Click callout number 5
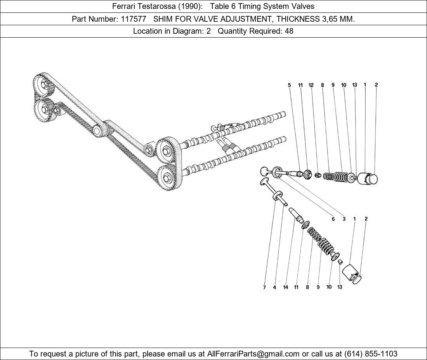(x=289, y=85)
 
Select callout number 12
(x=311, y=85)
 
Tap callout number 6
(x=333, y=219)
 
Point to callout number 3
(x=344, y=219)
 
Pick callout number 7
(x=264, y=287)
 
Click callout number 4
(x=274, y=287)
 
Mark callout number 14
(x=285, y=287)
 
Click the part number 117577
(x=134, y=19)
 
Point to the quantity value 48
(x=289, y=31)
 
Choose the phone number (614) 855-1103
(x=371, y=354)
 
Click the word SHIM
(x=163, y=19)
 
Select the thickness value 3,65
(x=327, y=19)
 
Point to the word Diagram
(x=187, y=31)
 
